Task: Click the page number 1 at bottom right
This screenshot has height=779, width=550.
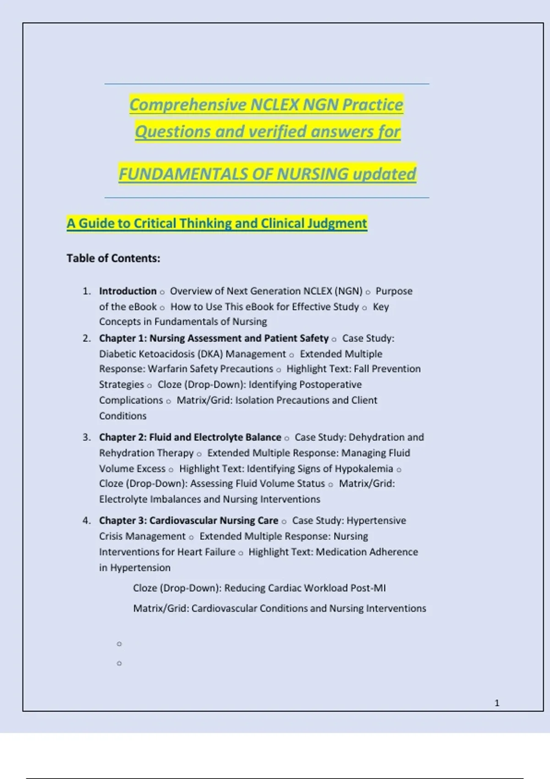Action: (x=497, y=703)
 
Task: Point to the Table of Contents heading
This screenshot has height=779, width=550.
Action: (x=113, y=258)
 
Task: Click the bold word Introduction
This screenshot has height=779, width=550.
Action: (x=128, y=291)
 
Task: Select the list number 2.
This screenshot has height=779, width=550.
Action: (x=86, y=339)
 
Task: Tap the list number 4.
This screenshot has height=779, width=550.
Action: (x=86, y=521)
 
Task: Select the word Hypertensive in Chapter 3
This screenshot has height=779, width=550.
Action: (x=376, y=521)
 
